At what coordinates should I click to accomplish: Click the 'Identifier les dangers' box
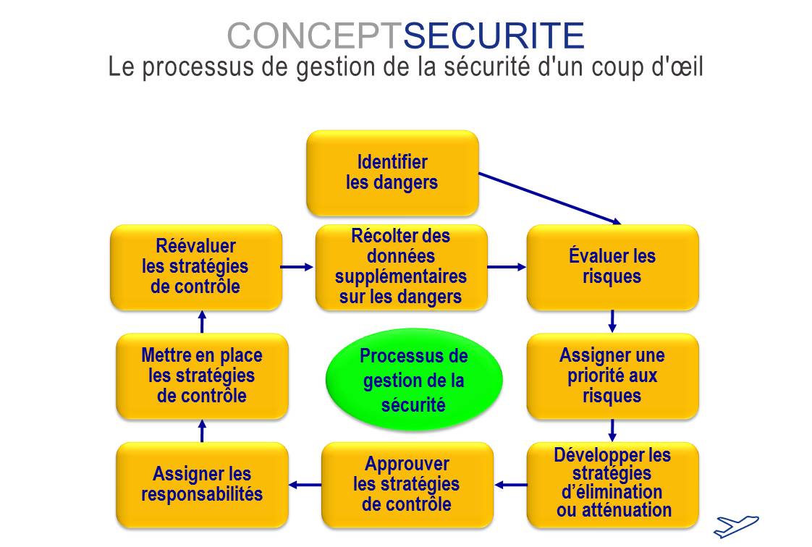[x=392, y=173]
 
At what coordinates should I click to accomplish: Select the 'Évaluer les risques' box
[x=613, y=268]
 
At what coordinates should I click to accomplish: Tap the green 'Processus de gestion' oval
[x=414, y=380]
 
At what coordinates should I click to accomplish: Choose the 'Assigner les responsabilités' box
[x=202, y=485]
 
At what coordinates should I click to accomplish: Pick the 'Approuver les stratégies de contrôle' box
[x=407, y=485]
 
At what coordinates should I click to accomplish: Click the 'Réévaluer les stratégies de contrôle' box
[x=196, y=268]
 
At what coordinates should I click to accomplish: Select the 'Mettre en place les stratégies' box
[x=202, y=376]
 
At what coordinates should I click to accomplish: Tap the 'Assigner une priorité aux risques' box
[x=613, y=376]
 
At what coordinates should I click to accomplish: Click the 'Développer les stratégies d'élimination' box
[x=613, y=485]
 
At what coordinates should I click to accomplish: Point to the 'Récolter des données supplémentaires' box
[x=402, y=268]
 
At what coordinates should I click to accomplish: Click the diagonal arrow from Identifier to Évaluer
[x=549, y=199]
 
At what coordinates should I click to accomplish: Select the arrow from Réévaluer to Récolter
[x=297, y=267]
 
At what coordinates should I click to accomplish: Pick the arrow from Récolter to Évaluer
[x=507, y=267]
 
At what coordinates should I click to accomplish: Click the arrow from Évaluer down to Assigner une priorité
[x=612, y=321]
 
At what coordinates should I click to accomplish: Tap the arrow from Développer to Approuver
[x=511, y=485]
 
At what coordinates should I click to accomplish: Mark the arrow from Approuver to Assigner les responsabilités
[x=305, y=485]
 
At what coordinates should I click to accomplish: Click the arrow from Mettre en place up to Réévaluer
[x=202, y=322]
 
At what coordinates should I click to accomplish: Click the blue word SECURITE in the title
[x=494, y=35]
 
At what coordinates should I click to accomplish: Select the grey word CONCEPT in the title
[x=315, y=35]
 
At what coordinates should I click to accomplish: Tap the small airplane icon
[x=736, y=526]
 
